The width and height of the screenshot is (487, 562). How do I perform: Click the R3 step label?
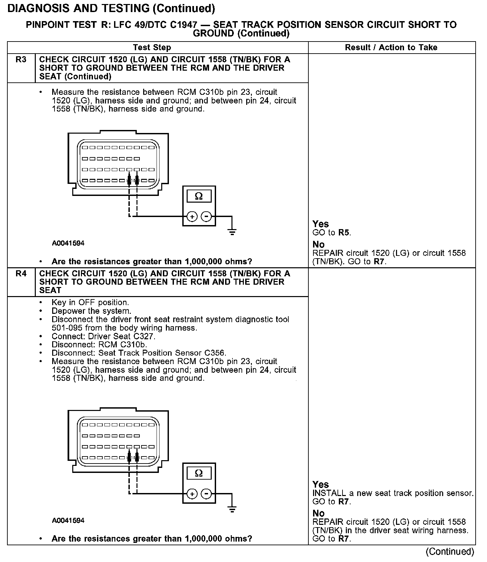point(21,60)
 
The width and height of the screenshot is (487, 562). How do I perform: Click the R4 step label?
point(21,274)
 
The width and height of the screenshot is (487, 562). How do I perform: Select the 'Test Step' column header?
point(152,48)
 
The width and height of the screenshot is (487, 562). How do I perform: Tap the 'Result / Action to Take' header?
point(391,48)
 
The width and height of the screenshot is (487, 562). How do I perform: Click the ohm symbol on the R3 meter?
point(199,196)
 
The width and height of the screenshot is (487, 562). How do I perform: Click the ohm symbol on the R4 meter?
point(199,473)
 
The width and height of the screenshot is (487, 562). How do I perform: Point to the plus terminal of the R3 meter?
point(192,217)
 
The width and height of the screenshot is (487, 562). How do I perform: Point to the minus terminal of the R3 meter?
point(206,217)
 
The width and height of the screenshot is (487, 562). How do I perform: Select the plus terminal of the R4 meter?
point(192,494)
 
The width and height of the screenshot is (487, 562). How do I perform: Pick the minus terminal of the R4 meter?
point(206,494)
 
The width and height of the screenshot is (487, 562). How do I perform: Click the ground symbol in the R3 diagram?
point(232,231)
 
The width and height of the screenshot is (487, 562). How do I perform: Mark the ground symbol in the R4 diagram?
point(232,509)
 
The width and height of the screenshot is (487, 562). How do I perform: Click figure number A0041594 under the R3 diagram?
point(68,243)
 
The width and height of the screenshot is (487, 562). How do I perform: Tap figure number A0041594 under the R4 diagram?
point(68,520)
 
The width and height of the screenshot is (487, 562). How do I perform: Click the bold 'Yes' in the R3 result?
point(320,224)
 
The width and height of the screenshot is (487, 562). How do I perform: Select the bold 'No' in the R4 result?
point(318,513)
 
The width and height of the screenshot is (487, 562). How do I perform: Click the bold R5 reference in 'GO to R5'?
point(344,233)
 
